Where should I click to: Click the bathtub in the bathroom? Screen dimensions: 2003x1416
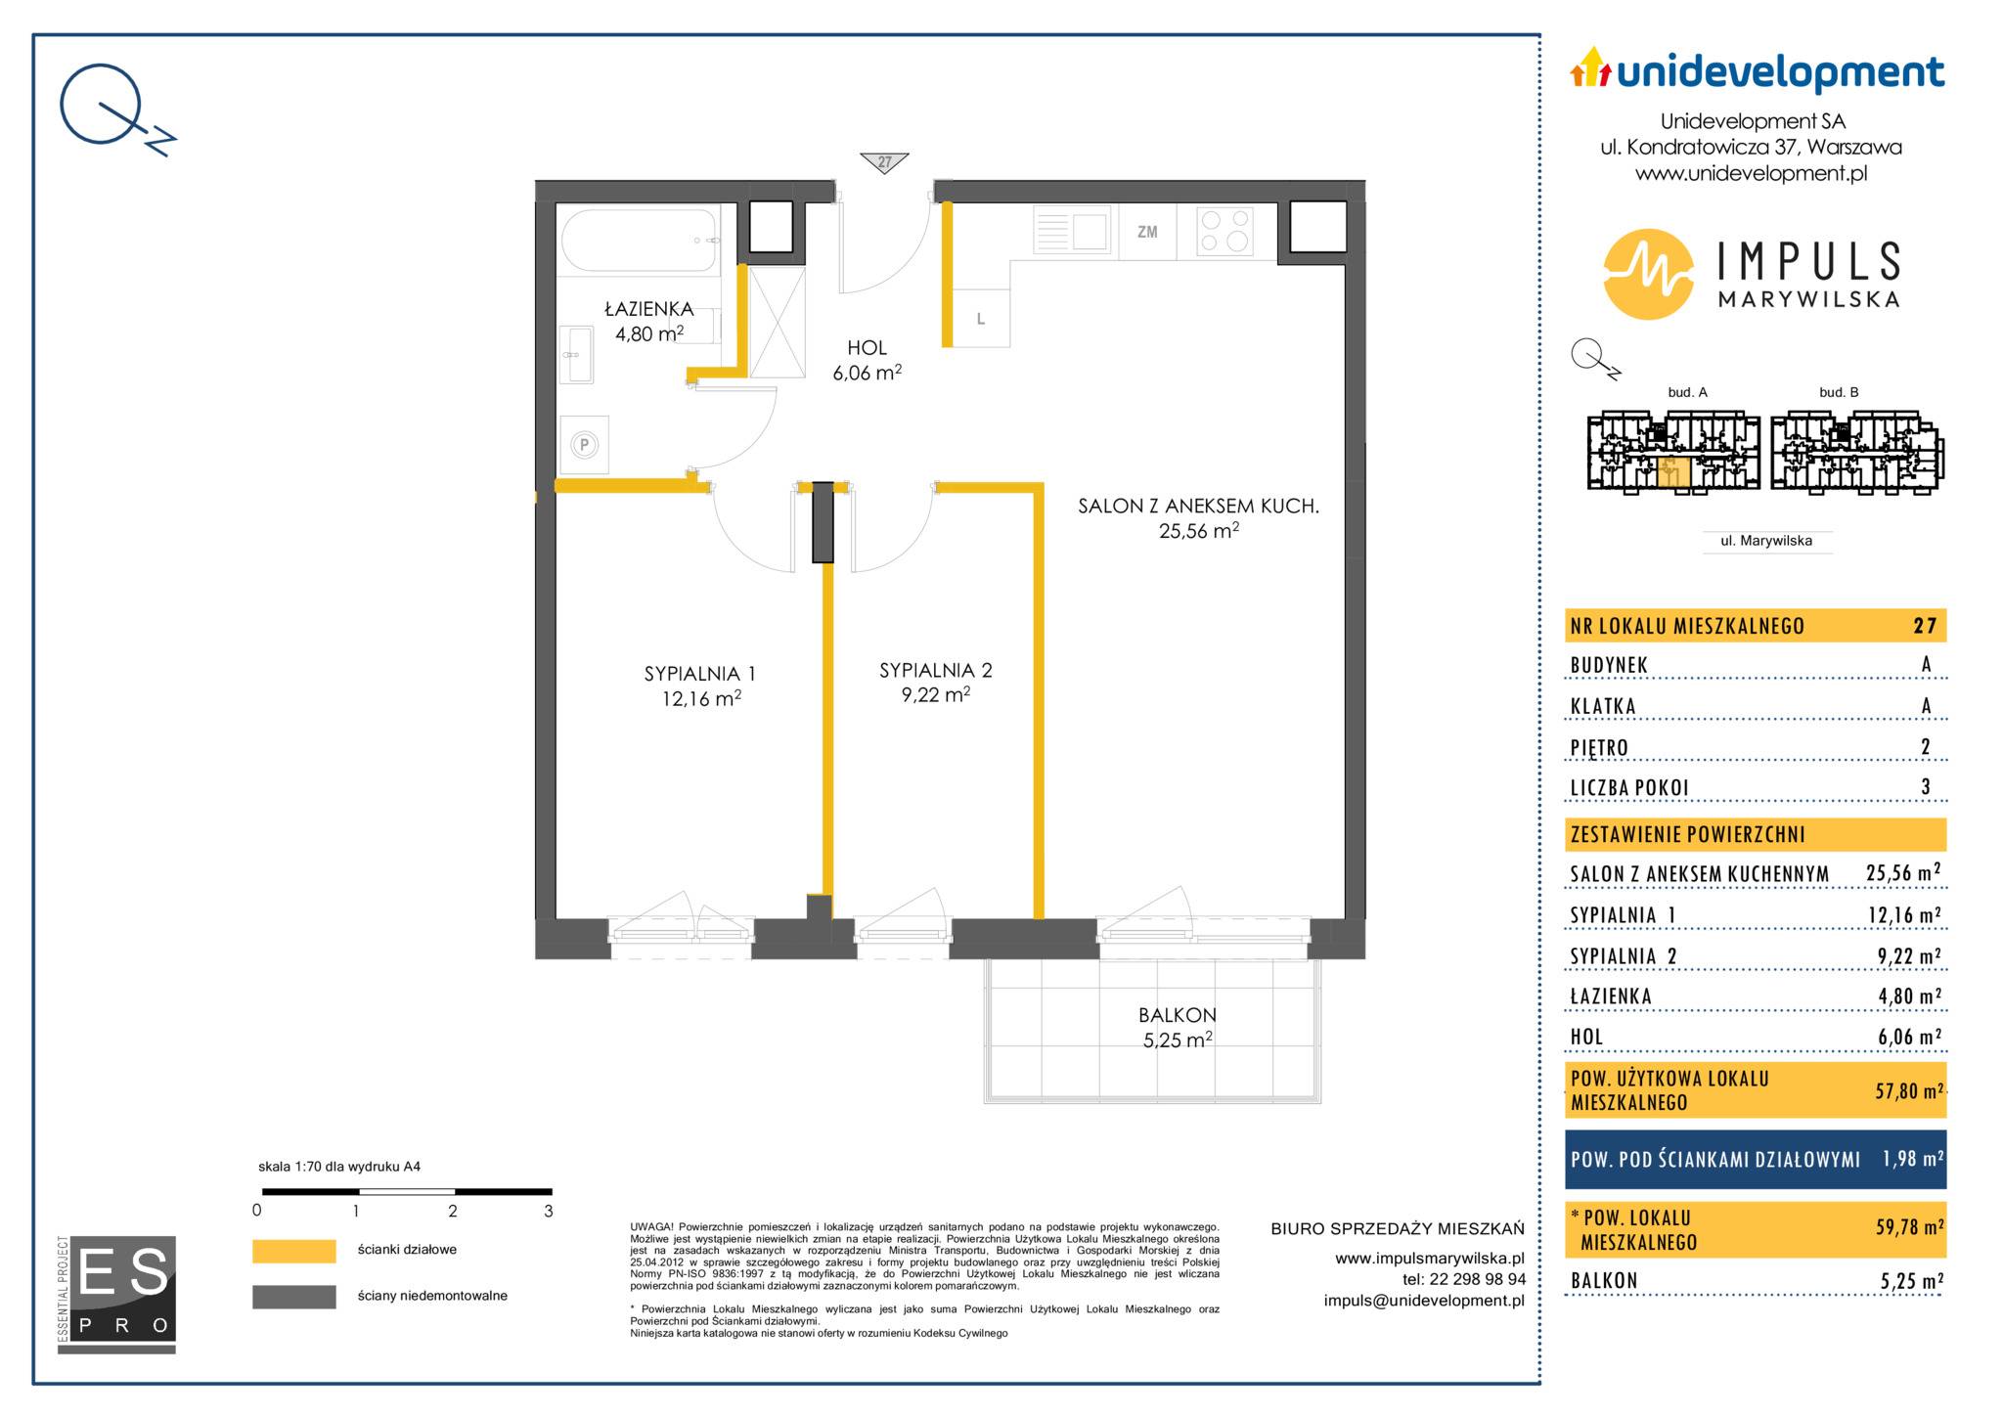point(639,241)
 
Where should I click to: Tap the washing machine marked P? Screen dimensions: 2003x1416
point(585,445)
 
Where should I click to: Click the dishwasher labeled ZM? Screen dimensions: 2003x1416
point(1147,232)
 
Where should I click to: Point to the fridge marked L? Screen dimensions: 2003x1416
point(981,319)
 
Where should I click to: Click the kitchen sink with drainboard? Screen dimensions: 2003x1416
point(1071,232)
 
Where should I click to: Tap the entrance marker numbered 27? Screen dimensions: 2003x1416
point(884,162)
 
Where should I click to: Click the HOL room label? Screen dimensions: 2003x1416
point(868,347)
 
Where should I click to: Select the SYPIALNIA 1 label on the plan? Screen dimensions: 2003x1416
point(700,674)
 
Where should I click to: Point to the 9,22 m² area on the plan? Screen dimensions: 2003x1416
point(936,694)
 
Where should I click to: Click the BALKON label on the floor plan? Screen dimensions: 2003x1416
point(1178,1015)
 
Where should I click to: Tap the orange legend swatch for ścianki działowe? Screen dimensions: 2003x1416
point(294,1251)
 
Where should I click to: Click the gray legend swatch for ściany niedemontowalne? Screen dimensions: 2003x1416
point(294,1297)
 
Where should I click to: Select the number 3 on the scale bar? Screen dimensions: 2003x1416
point(549,1211)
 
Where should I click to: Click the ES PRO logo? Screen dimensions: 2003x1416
point(116,1294)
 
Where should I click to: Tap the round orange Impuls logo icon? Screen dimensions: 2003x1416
point(1648,274)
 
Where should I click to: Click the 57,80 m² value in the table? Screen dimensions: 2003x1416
point(1908,1090)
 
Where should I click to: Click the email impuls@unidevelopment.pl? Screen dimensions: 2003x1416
point(1424,1301)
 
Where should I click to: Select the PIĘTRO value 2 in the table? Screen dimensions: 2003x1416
point(1926,747)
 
